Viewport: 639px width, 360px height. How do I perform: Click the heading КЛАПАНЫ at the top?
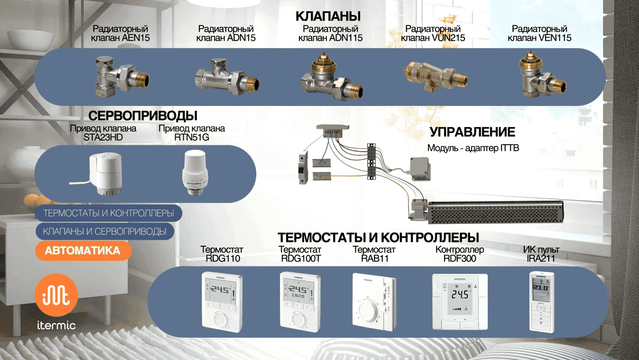[328, 16]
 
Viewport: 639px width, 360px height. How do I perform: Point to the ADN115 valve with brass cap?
[332, 76]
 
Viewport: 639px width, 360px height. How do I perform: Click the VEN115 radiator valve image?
[541, 76]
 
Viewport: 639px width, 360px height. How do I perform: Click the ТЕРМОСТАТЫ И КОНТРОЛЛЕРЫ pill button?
[109, 213]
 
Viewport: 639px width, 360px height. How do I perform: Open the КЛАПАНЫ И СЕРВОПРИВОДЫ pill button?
[105, 232]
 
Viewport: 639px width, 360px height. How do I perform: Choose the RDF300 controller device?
[459, 302]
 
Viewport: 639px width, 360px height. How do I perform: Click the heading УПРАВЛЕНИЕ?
[473, 133]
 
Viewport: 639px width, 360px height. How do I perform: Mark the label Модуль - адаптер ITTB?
[473, 148]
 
